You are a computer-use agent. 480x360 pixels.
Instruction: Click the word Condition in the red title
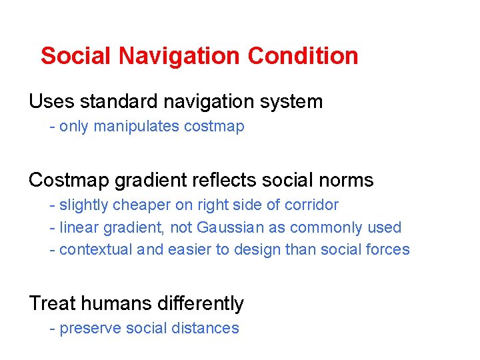click(303, 56)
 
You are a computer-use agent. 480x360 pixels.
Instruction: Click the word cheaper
click(137, 205)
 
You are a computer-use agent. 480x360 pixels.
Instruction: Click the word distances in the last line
click(207, 329)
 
